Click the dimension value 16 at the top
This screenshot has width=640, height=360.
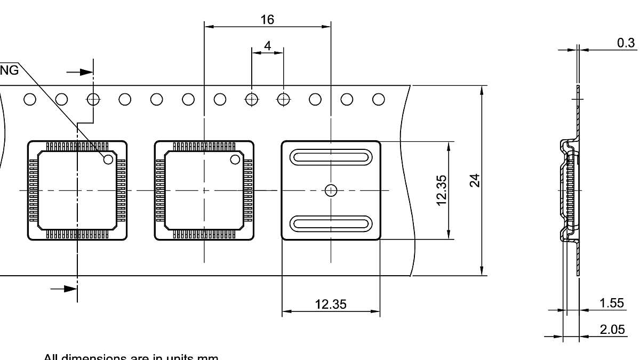point(267,20)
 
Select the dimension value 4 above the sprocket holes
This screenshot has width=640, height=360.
point(267,46)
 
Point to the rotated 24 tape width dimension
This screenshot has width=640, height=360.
point(475,180)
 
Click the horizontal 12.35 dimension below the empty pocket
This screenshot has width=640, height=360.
point(330,304)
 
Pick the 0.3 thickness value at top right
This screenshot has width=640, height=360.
point(626,43)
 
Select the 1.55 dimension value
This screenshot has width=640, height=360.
point(612,303)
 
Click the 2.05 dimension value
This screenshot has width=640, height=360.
point(612,330)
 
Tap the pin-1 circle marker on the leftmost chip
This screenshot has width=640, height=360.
point(108,159)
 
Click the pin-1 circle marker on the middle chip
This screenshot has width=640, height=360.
point(235,159)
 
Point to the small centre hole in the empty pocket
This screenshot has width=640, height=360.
point(331,190)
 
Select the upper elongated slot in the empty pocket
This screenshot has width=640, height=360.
point(331,157)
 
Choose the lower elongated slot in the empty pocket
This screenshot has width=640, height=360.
point(331,223)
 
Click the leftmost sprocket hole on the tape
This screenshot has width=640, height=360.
point(30,99)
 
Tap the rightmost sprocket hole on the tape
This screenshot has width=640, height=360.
point(379,99)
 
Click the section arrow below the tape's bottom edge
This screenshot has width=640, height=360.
point(64,289)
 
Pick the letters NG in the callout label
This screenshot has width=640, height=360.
point(9,70)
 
